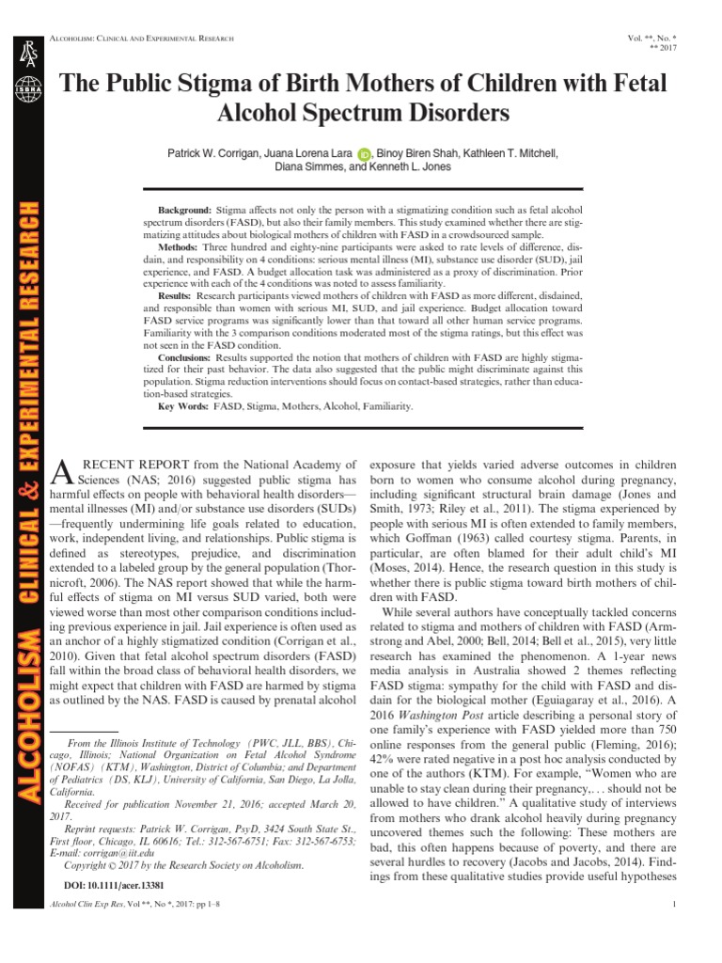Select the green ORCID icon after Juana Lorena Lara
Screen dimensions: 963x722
coord(366,154)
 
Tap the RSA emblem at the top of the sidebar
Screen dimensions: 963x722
coord(24,55)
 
